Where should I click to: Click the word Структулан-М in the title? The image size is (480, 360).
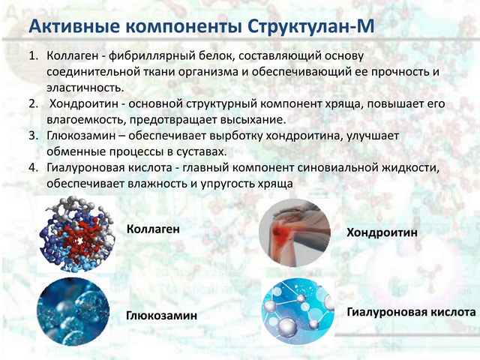click(310, 26)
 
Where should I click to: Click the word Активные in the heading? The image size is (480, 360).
click(74, 26)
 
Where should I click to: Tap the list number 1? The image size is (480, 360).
click(33, 56)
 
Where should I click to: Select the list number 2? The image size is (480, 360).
click(33, 103)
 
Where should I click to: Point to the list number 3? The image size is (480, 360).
click(33, 136)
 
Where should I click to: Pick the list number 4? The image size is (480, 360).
click(33, 168)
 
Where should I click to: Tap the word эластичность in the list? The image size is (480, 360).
click(85, 88)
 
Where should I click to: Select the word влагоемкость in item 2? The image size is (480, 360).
click(86, 120)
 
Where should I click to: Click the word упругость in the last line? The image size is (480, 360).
click(227, 184)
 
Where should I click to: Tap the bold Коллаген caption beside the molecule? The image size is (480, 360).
click(153, 229)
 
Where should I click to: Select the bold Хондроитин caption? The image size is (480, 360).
click(382, 232)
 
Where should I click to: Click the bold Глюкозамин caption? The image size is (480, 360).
click(162, 316)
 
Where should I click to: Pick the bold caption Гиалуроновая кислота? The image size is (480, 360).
click(411, 313)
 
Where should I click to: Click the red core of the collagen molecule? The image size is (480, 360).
click(80, 240)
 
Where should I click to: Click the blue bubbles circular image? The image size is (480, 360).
click(73, 312)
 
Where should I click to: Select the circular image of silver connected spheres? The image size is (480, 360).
click(298, 312)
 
